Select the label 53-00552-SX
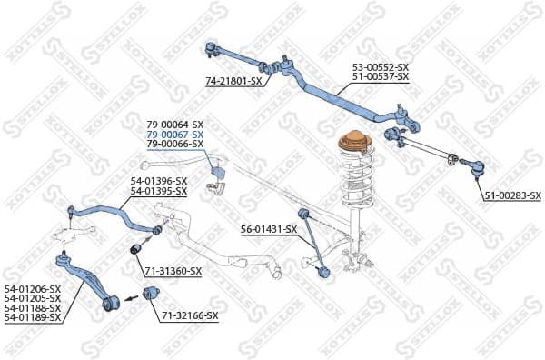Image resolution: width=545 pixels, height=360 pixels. pyautogui.click(x=381, y=67)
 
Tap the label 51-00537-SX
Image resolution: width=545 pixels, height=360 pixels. pyautogui.click(x=381, y=77)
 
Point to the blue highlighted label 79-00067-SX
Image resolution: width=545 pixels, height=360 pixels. pyautogui.click(x=174, y=134)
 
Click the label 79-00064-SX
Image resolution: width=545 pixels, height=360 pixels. pyautogui.click(x=174, y=124)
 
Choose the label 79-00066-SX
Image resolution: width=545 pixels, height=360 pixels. pyautogui.click(x=174, y=144)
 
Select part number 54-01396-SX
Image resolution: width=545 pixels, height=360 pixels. pyautogui.click(x=158, y=181)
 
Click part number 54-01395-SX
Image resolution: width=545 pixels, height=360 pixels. pyautogui.click(x=158, y=191)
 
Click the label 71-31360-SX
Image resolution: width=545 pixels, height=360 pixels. pyautogui.click(x=173, y=271)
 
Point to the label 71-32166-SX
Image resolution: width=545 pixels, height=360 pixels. pyautogui.click(x=190, y=315)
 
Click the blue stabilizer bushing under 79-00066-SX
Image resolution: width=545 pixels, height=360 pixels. pyautogui.click(x=216, y=173)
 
